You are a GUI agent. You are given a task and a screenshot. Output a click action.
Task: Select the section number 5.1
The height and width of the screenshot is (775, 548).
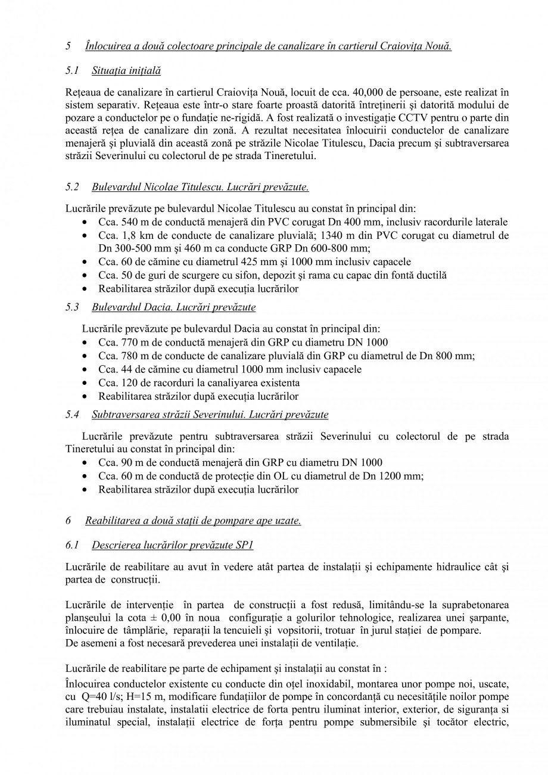pyautogui.click(x=72, y=71)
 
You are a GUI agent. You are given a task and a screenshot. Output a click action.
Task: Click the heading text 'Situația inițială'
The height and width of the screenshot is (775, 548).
pyautogui.click(x=126, y=71)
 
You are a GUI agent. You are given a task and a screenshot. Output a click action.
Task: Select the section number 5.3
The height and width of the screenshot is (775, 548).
pyautogui.click(x=72, y=307)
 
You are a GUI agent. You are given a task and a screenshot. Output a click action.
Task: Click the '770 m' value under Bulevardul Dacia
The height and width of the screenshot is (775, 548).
pyautogui.click(x=132, y=343)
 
